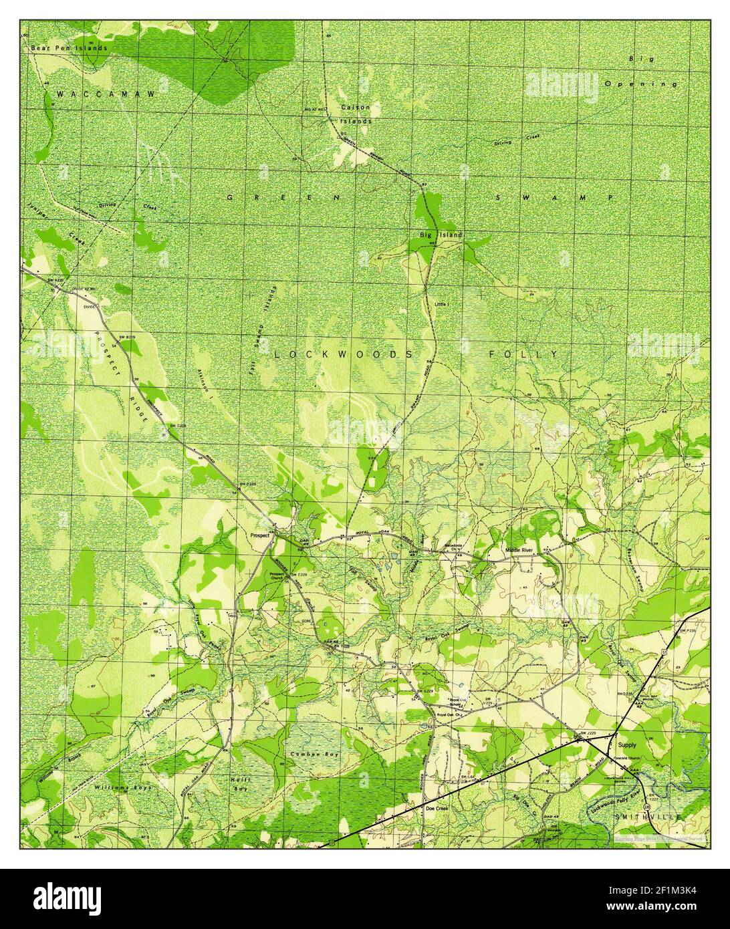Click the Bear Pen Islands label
pyautogui.click(x=69, y=48)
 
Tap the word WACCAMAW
pyautogui.click(x=106, y=94)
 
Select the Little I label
pyautogui.click(x=443, y=304)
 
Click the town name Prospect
pyautogui.click(x=259, y=535)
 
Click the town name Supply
pyautogui.click(x=627, y=744)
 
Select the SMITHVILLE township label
pyautogui.click(x=648, y=817)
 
